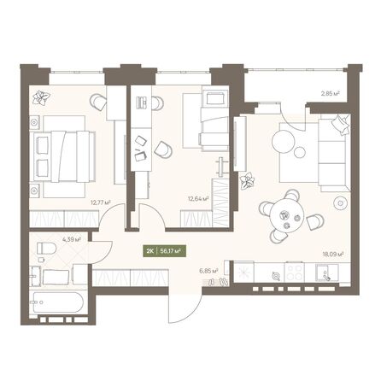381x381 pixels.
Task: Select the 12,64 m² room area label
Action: click(197, 202)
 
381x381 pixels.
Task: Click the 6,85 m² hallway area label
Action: click(208, 270)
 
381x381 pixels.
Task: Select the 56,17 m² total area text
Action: click(172, 252)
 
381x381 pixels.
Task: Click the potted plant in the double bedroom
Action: click(39, 98)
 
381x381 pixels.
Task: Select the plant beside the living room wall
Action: click(248, 180)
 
